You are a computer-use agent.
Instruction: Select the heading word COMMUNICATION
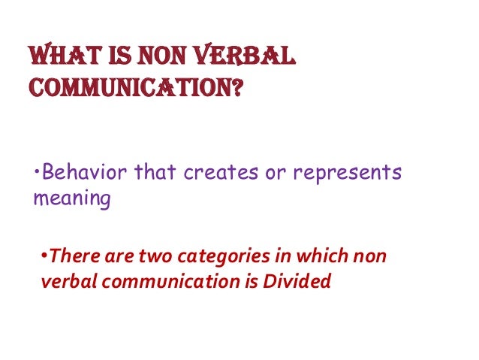[127, 89]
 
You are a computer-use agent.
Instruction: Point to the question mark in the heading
[235, 89]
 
